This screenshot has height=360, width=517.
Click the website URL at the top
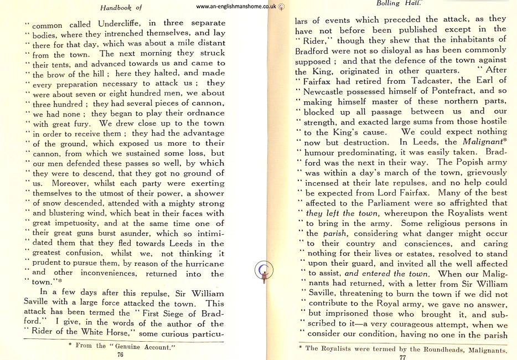pos(236,7)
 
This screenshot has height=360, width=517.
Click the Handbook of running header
pos(121,7)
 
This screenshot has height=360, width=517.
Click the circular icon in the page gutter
pos(265,270)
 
